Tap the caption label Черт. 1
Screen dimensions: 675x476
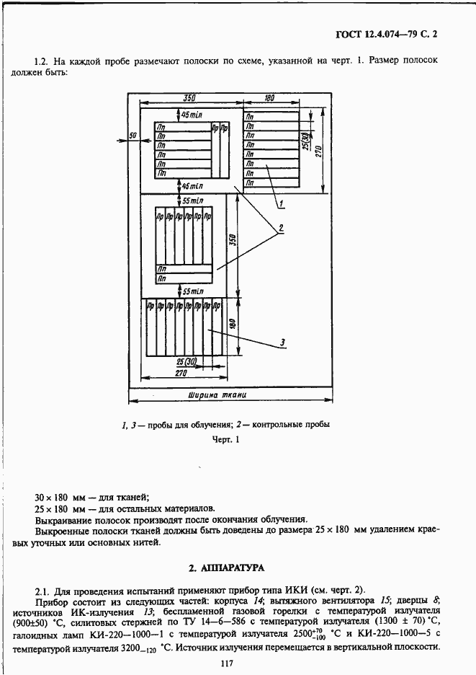pos(226,439)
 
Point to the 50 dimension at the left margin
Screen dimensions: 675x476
pos(133,136)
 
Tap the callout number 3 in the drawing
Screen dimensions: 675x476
pos(284,342)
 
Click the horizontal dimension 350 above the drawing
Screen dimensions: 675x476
pos(189,97)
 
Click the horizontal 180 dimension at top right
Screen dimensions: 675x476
pos(269,97)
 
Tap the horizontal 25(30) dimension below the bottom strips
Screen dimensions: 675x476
pos(187,361)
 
